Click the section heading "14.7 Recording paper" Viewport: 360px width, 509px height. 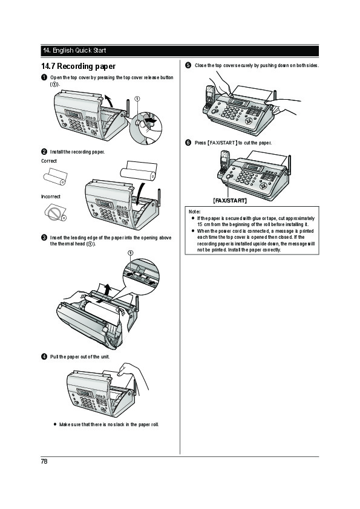78,66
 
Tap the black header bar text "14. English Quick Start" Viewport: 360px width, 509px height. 74,50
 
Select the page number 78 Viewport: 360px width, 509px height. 44,461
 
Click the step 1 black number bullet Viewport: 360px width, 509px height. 44,77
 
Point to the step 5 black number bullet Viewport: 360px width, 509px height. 188,65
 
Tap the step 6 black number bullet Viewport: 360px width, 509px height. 188,143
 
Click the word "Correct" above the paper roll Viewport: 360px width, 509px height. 49,161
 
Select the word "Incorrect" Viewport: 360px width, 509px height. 51,196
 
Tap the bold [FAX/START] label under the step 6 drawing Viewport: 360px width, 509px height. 230,201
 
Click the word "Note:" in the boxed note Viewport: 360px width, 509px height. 194,212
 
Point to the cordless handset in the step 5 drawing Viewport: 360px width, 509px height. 209,96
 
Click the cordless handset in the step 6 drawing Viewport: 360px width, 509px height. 224,163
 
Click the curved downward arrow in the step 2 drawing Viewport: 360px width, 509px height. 140,193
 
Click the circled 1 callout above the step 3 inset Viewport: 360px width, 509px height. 130,253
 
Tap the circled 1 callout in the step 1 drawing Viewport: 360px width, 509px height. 137,99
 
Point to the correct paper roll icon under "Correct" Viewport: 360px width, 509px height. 55,177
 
